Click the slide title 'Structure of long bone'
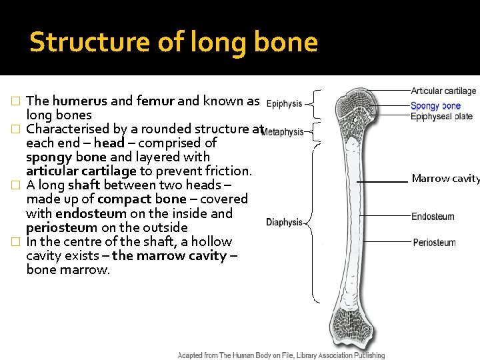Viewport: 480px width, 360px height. coord(173,42)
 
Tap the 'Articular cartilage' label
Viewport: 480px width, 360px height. coord(443,91)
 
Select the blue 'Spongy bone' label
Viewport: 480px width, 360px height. coord(435,106)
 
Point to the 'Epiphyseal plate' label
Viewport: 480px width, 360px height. coord(441,117)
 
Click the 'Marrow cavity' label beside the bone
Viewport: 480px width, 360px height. coord(445,179)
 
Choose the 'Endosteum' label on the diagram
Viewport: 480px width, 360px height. coord(433,217)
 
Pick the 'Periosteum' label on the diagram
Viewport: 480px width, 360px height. coord(434,243)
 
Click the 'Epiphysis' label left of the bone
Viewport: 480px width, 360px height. coord(284,104)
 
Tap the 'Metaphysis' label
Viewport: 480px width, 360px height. coord(283,132)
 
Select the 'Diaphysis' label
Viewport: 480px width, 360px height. coord(284,223)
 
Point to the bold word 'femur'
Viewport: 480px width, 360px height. coord(155,101)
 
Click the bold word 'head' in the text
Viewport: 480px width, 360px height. coord(109,143)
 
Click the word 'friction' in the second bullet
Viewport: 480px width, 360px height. coord(227,171)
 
